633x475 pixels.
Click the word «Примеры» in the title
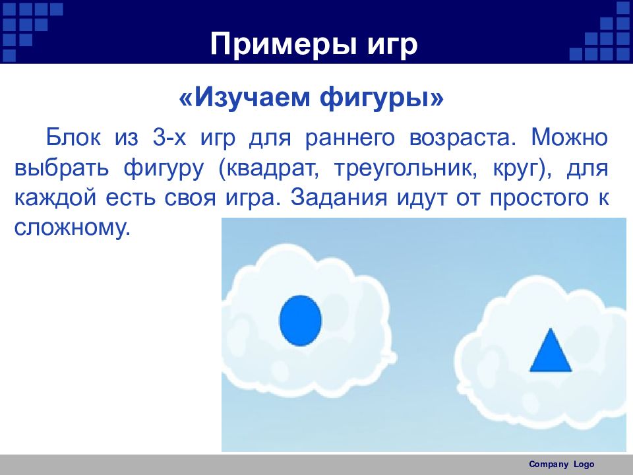point(284,44)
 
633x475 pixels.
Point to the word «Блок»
point(73,137)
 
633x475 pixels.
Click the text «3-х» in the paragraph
point(169,137)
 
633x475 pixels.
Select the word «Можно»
point(569,137)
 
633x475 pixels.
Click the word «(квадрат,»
point(269,169)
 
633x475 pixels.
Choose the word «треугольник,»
point(406,169)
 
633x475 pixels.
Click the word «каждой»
point(55,198)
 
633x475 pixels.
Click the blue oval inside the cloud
point(301,321)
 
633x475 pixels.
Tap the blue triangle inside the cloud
point(551,352)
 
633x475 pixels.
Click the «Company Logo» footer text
point(562,464)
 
